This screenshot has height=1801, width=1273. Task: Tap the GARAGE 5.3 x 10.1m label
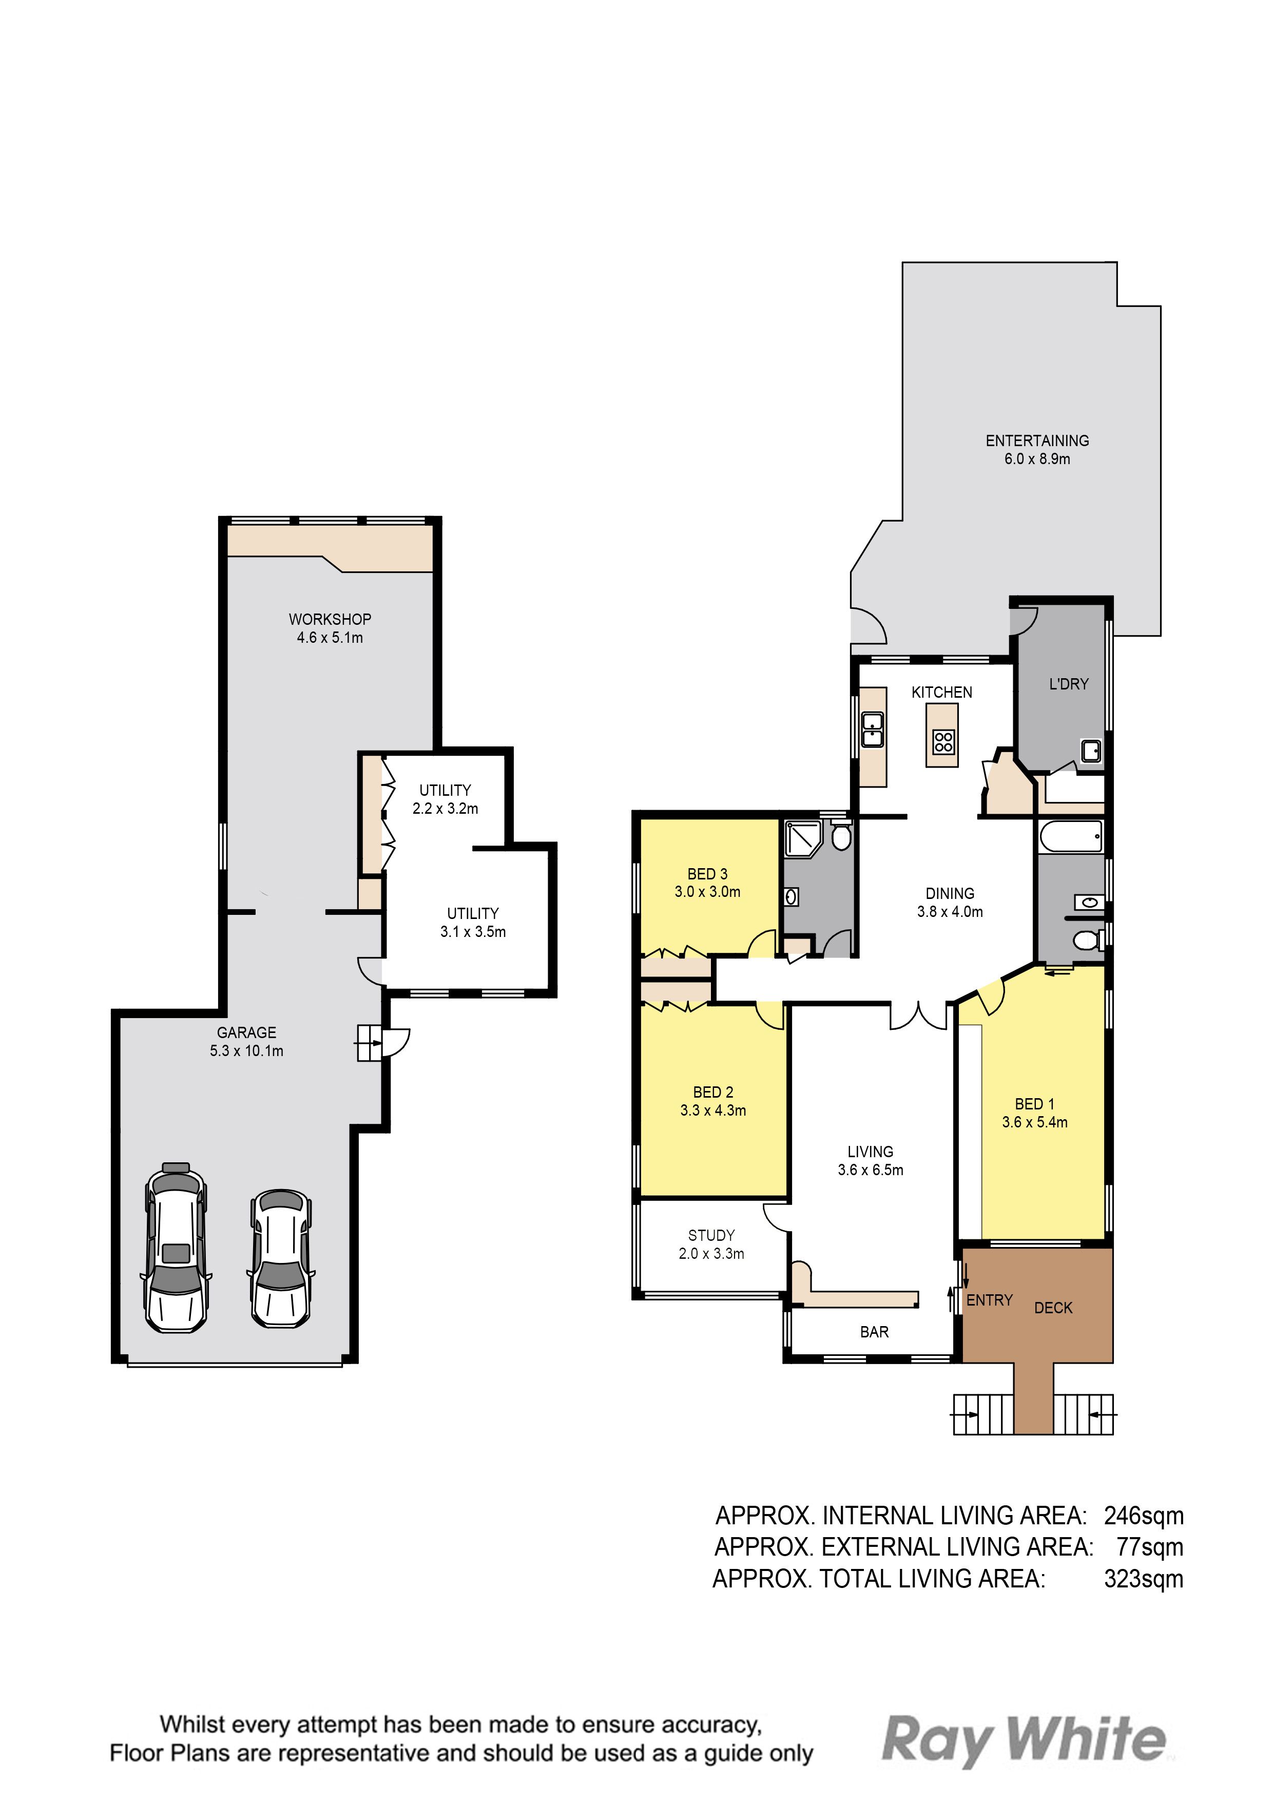click(246, 1042)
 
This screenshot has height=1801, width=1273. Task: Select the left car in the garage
click(176, 1247)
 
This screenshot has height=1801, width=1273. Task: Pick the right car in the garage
click(281, 1258)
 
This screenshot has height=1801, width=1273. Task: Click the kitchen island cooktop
click(943, 742)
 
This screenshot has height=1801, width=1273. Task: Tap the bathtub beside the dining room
click(1071, 836)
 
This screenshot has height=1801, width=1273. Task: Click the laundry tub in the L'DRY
click(1091, 752)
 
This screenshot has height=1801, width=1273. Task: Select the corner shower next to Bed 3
click(802, 838)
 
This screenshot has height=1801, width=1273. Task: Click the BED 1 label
click(1034, 1104)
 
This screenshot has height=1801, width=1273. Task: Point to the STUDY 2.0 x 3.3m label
click(711, 1244)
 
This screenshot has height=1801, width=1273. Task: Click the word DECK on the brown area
click(1053, 1308)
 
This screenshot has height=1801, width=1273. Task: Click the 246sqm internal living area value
click(1144, 1516)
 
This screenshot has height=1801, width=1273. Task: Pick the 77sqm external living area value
click(1150, 1547)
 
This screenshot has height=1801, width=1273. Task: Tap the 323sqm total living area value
click(1144, 1578)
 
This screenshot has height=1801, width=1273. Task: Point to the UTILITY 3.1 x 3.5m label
click(473, 923)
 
